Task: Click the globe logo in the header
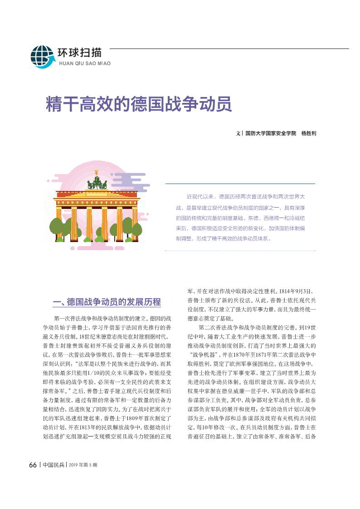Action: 42,57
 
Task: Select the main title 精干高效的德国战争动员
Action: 139,104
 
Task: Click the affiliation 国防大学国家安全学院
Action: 270,134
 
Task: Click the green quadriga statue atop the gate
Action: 97,181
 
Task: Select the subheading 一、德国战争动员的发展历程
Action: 107,302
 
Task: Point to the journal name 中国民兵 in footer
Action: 54,465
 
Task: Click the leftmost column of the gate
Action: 59,224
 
